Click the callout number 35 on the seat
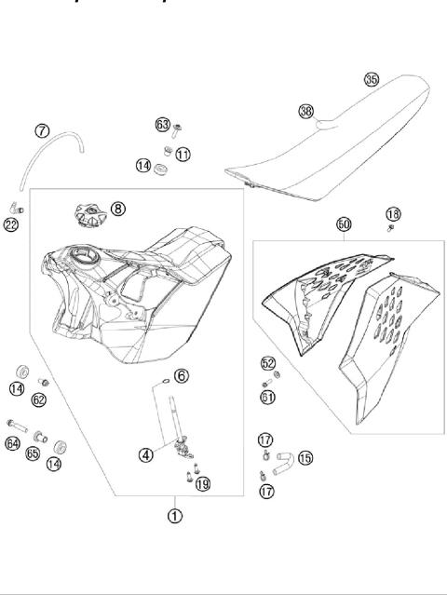coord(372,80)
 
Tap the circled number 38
coord(305,111)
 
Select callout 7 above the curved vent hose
coord(43,130)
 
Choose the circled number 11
coord(183,153)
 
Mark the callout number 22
coord(10,224)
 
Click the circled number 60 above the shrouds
coord(344,224)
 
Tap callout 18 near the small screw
coord(393,215)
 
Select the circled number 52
coord(268,364)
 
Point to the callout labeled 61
coord(268,398)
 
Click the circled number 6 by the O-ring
coord(182,375)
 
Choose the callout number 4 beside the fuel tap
coord(146,455)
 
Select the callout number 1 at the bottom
coord(175,513)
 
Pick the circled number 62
coord(39,399)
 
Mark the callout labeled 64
coord(13,444)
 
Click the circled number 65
coord(33,454)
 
